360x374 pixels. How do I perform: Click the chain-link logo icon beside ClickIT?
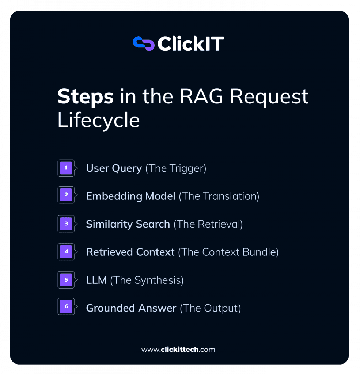click(144, 43)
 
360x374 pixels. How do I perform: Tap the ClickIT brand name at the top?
click(190, 44)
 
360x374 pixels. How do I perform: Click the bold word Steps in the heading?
click(85, 97)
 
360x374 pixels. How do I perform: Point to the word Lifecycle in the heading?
click(99, 120)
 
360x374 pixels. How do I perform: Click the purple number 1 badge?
click(66, 168)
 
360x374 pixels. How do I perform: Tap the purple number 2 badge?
click(66, 195)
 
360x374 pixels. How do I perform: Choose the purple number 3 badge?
click(66, 224)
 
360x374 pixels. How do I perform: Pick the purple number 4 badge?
click(66, 252)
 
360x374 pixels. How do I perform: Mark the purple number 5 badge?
click(66, 280)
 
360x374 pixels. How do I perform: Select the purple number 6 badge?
click(66, 306)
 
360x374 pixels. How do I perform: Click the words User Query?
click(114, 169)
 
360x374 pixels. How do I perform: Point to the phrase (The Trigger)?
click(176, 169)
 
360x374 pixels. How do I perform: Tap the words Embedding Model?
click(130, 196)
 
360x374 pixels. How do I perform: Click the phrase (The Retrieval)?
click(208, 224)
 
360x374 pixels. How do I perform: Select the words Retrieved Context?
click(130, 252)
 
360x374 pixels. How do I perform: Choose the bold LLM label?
click(96, 280)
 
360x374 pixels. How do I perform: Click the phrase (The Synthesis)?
click(147, 280)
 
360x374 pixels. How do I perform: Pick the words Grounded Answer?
click(131, 308)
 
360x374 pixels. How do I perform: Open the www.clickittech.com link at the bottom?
click(178, 350)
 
